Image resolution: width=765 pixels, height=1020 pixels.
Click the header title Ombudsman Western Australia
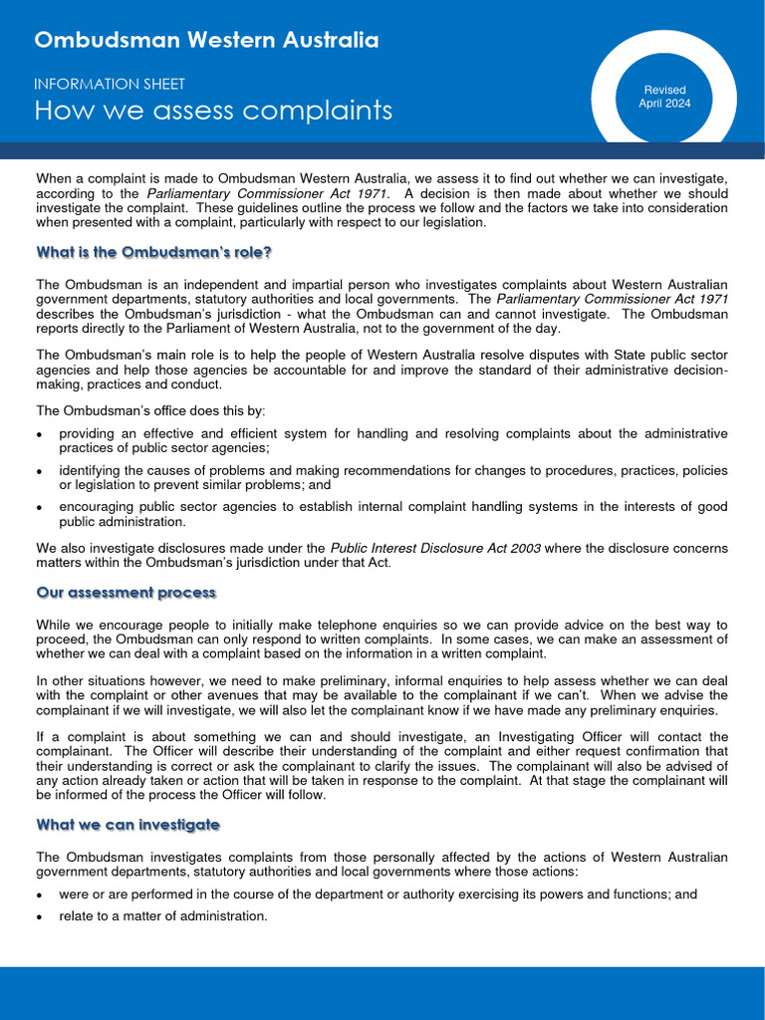206,41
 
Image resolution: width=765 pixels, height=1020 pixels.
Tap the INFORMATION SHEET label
110,85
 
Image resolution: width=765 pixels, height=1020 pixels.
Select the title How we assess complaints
213,111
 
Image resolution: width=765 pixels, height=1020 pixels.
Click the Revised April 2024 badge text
664,97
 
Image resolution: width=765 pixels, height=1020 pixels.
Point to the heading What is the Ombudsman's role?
153,253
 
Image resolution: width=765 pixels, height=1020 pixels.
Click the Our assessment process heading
126,593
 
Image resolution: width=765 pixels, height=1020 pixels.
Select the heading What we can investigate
127,826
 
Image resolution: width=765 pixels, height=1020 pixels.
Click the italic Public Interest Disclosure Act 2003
435,549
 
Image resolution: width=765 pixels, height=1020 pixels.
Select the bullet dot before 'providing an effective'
39,435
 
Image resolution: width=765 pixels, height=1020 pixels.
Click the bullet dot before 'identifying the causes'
39,471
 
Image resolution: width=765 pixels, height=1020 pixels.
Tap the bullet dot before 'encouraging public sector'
39,508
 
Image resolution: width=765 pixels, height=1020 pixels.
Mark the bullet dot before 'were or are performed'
39,895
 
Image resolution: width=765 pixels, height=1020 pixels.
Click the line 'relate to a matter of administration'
163,916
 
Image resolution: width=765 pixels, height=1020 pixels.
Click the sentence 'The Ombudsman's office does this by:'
150,410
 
